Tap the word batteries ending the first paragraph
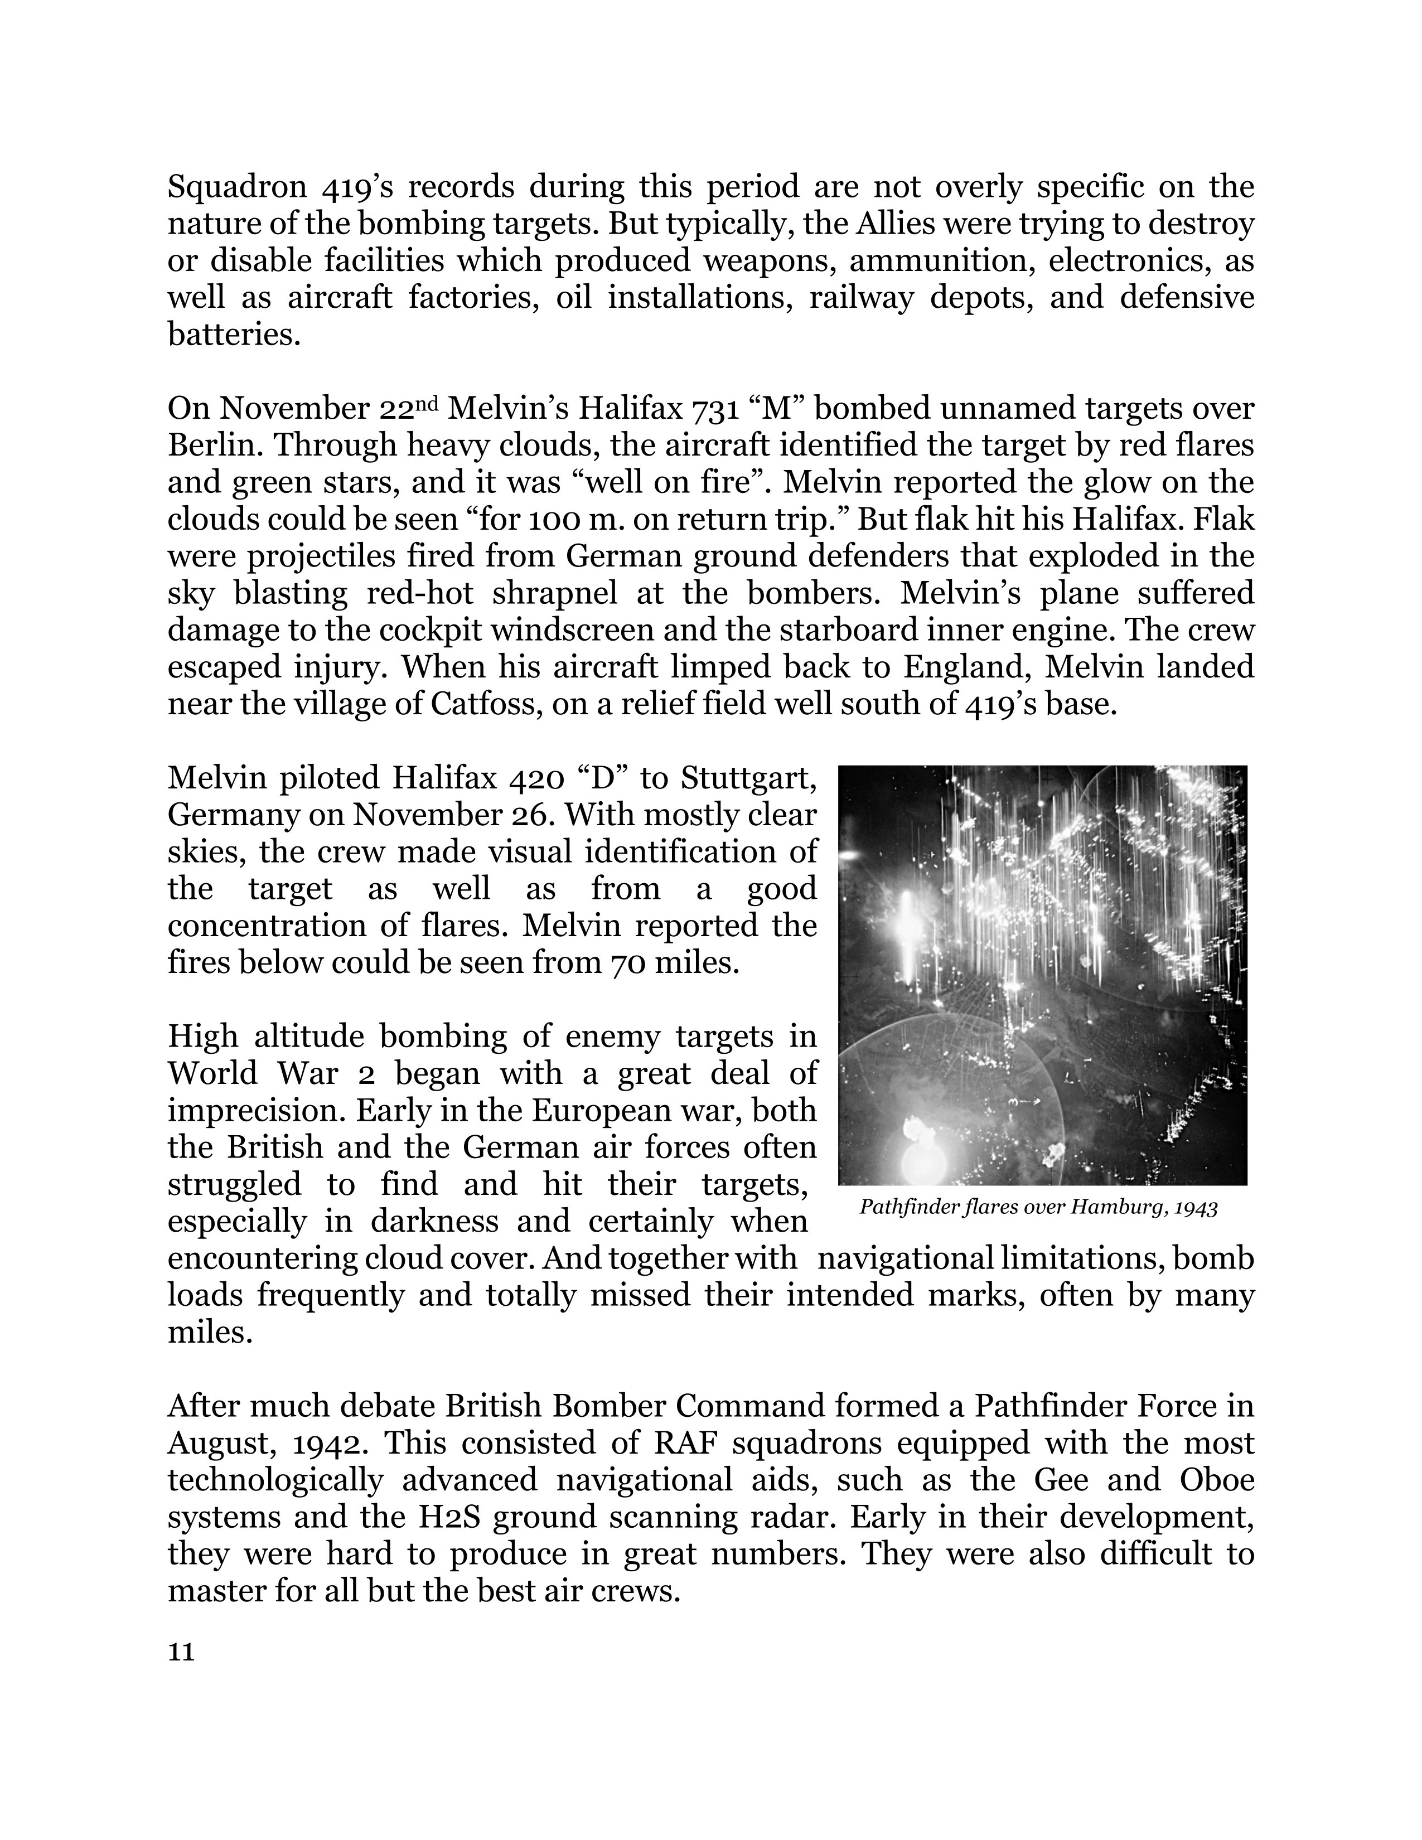[233, 335]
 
